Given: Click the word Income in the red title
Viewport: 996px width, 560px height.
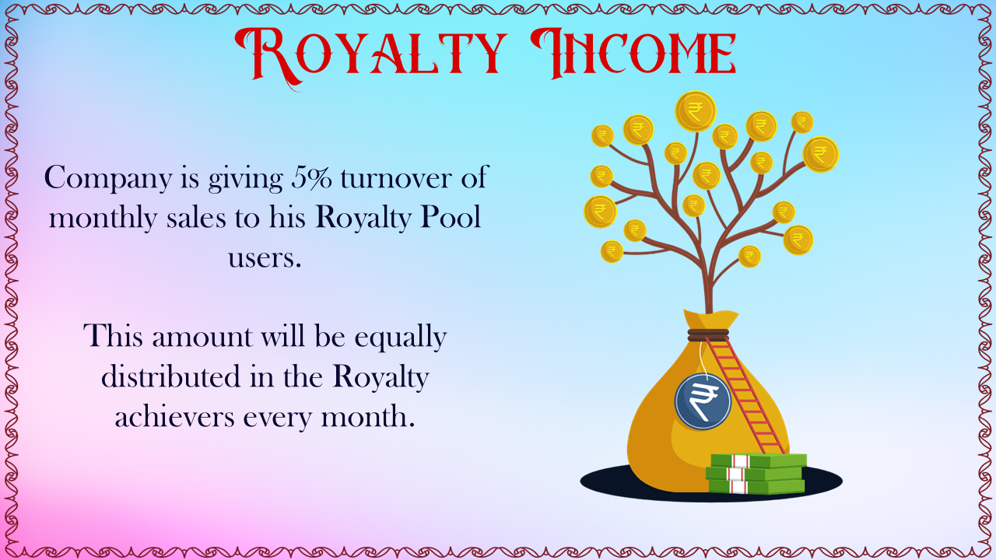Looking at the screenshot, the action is click(633, 54).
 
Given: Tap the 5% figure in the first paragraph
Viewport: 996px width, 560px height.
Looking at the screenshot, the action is click(312, 177).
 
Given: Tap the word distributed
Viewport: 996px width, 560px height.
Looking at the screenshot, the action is click(170, 377).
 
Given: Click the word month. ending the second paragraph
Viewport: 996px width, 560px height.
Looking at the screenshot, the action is click(368, 417).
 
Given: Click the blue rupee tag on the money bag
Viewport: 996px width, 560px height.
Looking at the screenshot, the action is click(703, 401).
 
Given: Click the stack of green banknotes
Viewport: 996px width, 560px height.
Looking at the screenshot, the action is click(756, 474).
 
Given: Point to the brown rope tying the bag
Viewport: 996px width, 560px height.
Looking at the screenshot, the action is click(708, 335).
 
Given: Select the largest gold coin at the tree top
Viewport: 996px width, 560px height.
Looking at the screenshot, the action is click(696, 111).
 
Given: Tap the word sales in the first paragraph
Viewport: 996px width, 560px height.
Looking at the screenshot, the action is click(196, 218).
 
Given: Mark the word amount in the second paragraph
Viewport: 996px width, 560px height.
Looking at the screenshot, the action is click(202, 337).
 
